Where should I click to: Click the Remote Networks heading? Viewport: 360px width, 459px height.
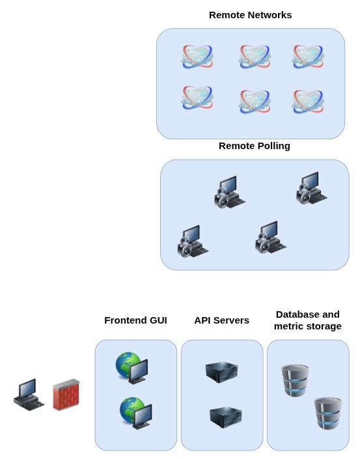tap(250, 15)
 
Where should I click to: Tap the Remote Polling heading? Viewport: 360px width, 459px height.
tap(254, 146)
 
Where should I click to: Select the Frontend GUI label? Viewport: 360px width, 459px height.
tap(135, 320)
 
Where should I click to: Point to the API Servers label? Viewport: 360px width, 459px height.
tap(221, 320)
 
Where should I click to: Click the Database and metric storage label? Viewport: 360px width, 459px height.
tap(307, 320)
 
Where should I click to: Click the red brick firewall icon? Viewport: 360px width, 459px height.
tap(66, 395)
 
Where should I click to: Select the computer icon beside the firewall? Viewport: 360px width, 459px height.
tap(29, 395)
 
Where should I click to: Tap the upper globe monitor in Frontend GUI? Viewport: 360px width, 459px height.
tap(132, 368)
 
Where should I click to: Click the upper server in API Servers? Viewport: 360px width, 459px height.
tap(221, 372)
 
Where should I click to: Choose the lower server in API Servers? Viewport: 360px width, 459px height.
tap(225, 416)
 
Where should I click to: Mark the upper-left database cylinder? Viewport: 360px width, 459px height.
tap(295, 380)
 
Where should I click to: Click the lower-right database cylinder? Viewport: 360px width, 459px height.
tap(327, 413)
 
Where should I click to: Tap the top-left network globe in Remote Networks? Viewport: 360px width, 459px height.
tap(197, 57)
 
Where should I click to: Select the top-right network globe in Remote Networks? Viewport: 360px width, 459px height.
tap(307, 57)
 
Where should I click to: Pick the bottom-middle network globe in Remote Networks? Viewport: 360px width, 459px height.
tap(254, 101)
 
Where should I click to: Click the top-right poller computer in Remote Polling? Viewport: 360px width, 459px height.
tap(311, 188)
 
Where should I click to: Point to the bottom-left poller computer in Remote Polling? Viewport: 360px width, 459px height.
tap(193, 242)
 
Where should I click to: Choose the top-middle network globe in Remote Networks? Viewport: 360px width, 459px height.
tap(254, 57)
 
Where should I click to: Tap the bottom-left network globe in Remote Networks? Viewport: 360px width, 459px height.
tap(197, 98)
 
